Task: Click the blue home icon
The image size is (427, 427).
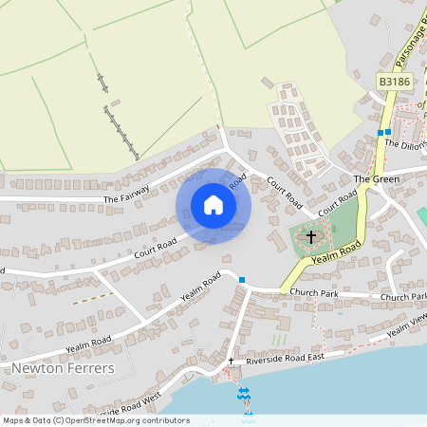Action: tap(213, 204)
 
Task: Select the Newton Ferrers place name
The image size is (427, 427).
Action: tap(63, 368)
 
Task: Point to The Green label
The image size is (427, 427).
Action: tap(373, 178)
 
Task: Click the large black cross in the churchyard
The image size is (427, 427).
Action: tap(310, 235)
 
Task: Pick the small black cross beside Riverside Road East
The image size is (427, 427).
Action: tap(231, 361)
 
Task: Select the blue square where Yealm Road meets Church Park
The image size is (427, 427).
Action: tap(243, 279)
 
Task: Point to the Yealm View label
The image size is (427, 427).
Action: tap(407, 328)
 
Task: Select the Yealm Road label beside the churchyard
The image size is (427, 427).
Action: tap(337, 251)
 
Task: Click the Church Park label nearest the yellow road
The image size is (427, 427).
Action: tap(315, 293)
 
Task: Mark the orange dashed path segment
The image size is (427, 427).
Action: tap(94, 297)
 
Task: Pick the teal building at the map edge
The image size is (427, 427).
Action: tap(422, 215)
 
